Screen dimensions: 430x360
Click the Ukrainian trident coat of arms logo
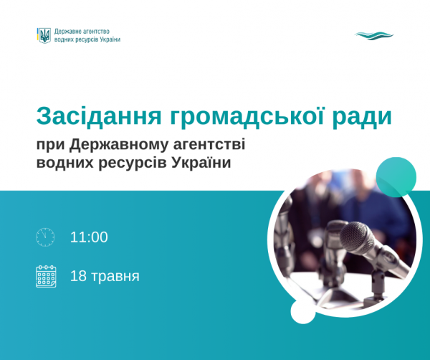44,35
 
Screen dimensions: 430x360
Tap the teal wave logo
374,36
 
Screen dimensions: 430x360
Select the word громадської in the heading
247,116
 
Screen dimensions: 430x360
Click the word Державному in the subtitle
118,145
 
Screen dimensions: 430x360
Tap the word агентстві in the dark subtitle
209,145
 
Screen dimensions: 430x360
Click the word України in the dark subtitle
201,162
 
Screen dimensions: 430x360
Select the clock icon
45,237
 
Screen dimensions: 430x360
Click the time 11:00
89,237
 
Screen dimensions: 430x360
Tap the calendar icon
46,276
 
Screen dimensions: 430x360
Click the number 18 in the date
78,276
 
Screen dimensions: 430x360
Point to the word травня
115,277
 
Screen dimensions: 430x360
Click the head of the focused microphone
358,237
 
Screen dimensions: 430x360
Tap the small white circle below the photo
303,312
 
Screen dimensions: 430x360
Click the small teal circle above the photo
396,177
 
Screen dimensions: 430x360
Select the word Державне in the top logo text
67,32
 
